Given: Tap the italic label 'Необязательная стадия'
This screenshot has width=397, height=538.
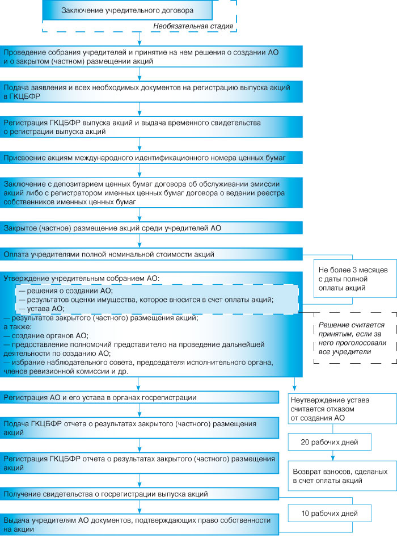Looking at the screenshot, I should (193, 26).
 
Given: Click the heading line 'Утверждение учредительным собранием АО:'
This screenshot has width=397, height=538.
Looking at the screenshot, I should (82, 279).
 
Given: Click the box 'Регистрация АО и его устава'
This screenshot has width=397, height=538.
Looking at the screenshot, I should (140, 397).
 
